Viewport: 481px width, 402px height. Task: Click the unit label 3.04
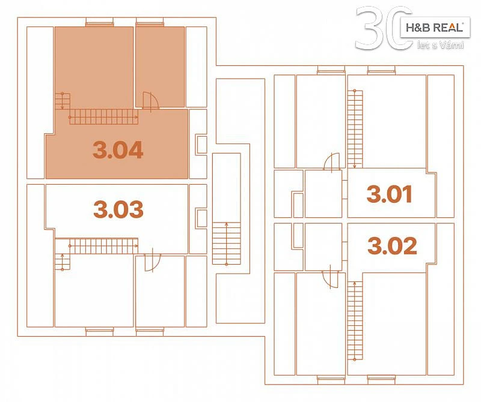click(118, 150)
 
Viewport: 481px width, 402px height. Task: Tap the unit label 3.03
click(118, 209)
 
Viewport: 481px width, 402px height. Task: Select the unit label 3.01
click(389, 194)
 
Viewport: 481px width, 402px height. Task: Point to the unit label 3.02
click(393, 245)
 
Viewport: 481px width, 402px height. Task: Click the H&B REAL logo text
click(434, 28)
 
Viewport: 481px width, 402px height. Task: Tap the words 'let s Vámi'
click(440, 46)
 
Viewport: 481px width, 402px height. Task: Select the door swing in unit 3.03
click(153, 263)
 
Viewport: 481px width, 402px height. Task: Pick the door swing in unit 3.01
click(332, 161)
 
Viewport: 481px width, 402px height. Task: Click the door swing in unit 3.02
click(330, 280)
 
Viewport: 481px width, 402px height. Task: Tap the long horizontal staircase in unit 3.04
click(103, 116)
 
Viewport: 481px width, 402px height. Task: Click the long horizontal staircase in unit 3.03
click(103, 246)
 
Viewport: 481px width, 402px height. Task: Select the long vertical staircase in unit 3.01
click(355, 129)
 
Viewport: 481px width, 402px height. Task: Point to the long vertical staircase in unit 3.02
click(355, 320)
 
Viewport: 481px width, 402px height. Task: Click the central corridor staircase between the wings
click(227, 243)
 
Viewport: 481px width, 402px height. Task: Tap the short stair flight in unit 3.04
click(63, 101)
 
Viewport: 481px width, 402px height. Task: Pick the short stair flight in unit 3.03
click(63, 262)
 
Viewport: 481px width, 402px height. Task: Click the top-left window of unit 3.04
click(99, 22)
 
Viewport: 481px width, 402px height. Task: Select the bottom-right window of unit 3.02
click(381, 380)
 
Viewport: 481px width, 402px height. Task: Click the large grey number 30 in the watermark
click(384, 28)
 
